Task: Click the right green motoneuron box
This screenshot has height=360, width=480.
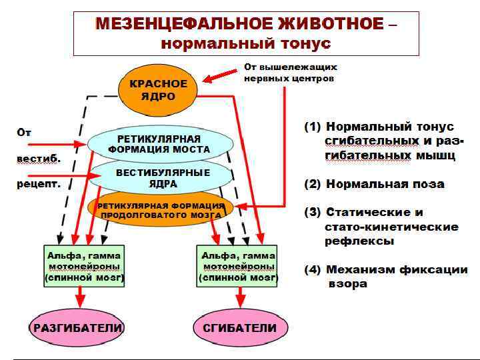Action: point(239,265)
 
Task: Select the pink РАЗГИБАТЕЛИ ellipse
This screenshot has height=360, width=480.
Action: point(77,327)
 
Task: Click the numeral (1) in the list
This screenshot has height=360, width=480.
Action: point(313,126)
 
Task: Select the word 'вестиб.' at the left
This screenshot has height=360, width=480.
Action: point(39,159)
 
